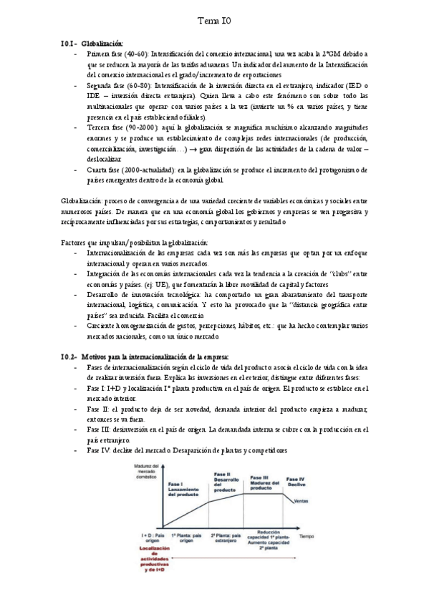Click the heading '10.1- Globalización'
[x=93, y=44]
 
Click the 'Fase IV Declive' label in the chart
[x=295, y=481]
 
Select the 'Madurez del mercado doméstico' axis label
[x=146, y=472]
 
